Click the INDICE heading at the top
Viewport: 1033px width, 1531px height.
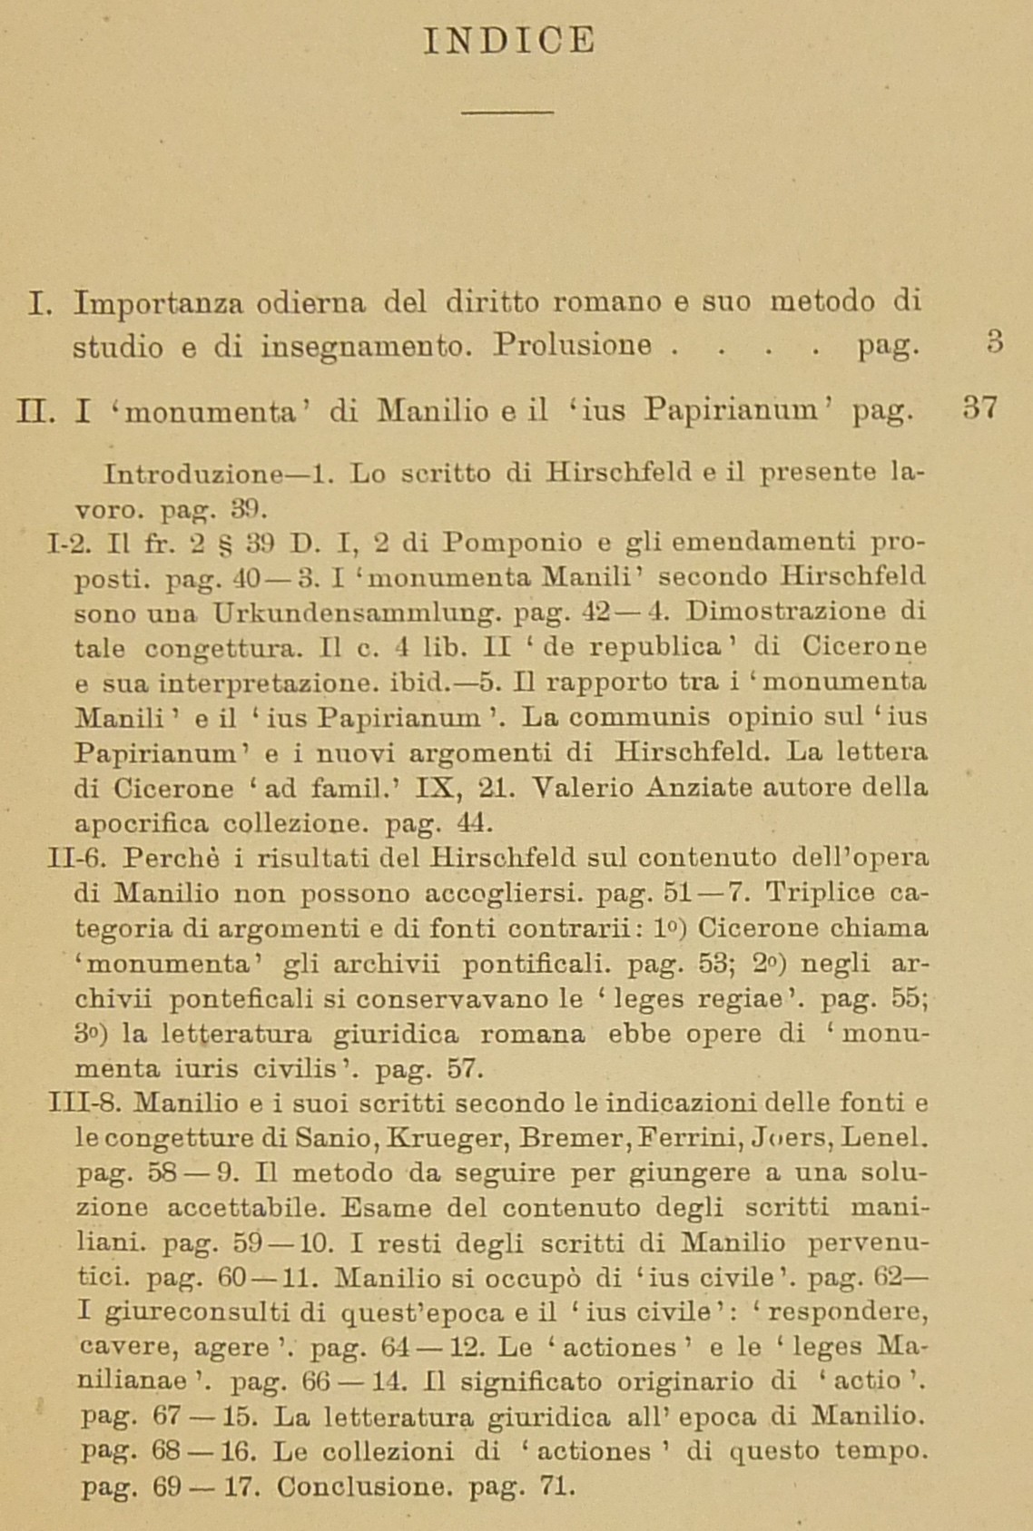509,41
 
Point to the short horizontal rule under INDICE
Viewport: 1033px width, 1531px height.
507,113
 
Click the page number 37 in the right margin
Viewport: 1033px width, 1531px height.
980,407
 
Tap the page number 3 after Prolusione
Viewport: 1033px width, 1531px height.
995,345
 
